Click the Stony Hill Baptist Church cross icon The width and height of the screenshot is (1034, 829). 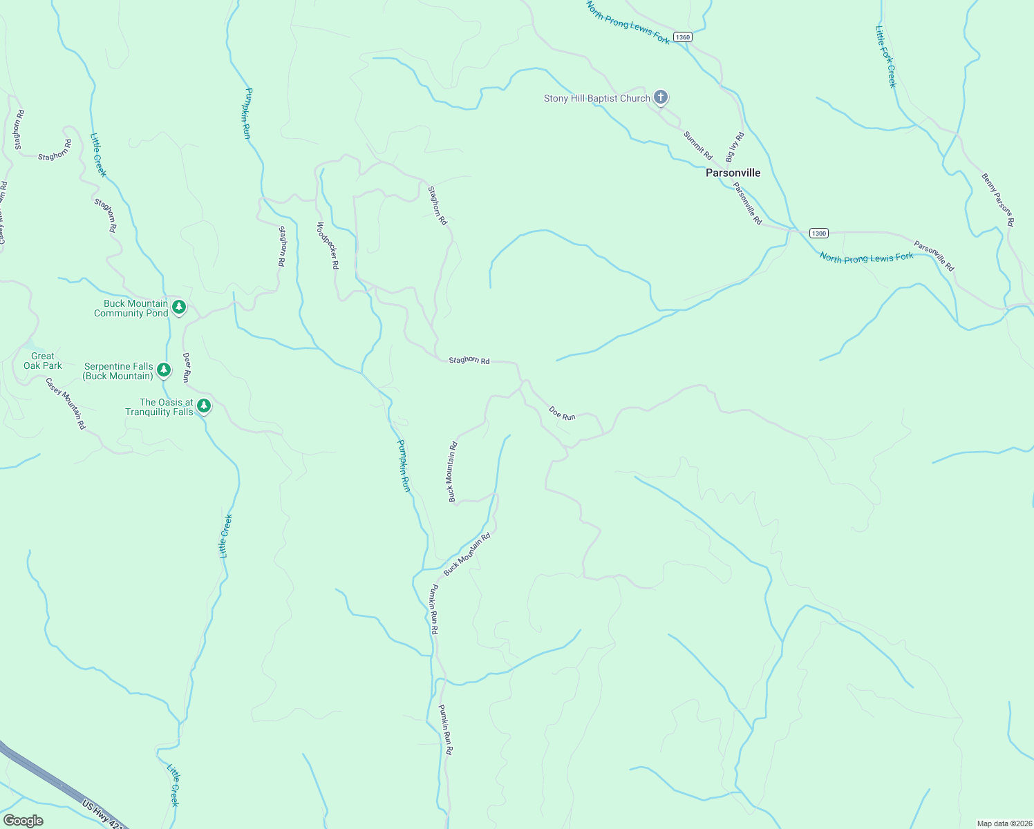661,97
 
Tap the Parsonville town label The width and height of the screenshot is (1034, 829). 733,173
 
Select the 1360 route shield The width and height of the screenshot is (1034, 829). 682,37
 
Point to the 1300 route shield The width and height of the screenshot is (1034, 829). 818,234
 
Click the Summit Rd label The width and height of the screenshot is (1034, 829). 697,145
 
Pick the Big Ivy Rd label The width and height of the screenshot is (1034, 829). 735,146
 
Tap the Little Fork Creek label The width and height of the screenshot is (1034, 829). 885,57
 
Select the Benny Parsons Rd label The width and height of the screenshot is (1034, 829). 997,200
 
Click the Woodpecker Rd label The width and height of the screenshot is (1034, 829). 328,245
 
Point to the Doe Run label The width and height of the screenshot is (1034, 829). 562,413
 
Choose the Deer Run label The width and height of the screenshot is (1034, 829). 186,368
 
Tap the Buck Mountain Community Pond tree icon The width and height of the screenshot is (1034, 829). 179,307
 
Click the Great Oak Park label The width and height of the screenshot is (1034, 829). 43,361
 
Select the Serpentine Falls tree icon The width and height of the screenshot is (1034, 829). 164,370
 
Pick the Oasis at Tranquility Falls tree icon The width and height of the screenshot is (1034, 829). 203,406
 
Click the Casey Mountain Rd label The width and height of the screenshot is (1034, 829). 66,403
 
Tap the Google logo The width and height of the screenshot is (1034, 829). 23,820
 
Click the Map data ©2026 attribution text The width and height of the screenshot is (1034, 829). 1004,823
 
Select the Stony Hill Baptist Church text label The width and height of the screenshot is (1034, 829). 596,98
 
